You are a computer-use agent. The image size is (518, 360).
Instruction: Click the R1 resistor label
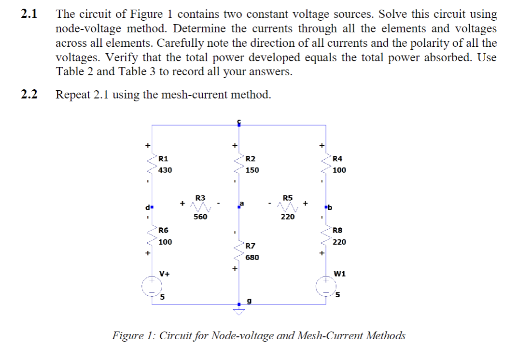click(164, 158)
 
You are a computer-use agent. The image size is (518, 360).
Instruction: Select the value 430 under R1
click(165, 170)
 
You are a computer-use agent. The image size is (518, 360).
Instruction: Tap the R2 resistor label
click(251, 158)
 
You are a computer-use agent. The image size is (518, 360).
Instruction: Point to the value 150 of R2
click(252, 170)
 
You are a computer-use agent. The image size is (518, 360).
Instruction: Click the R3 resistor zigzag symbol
click(200, 207)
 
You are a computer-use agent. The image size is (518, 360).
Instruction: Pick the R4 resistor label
click(338, 158)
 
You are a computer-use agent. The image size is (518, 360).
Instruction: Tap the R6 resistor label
click(164, 230)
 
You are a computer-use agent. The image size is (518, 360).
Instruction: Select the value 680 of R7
click(252, 257)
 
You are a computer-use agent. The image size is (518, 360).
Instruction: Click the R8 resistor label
click(338, 230)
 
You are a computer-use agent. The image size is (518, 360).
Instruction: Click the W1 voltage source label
click(339, 274)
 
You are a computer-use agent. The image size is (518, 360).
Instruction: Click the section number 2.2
click(29, 95)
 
